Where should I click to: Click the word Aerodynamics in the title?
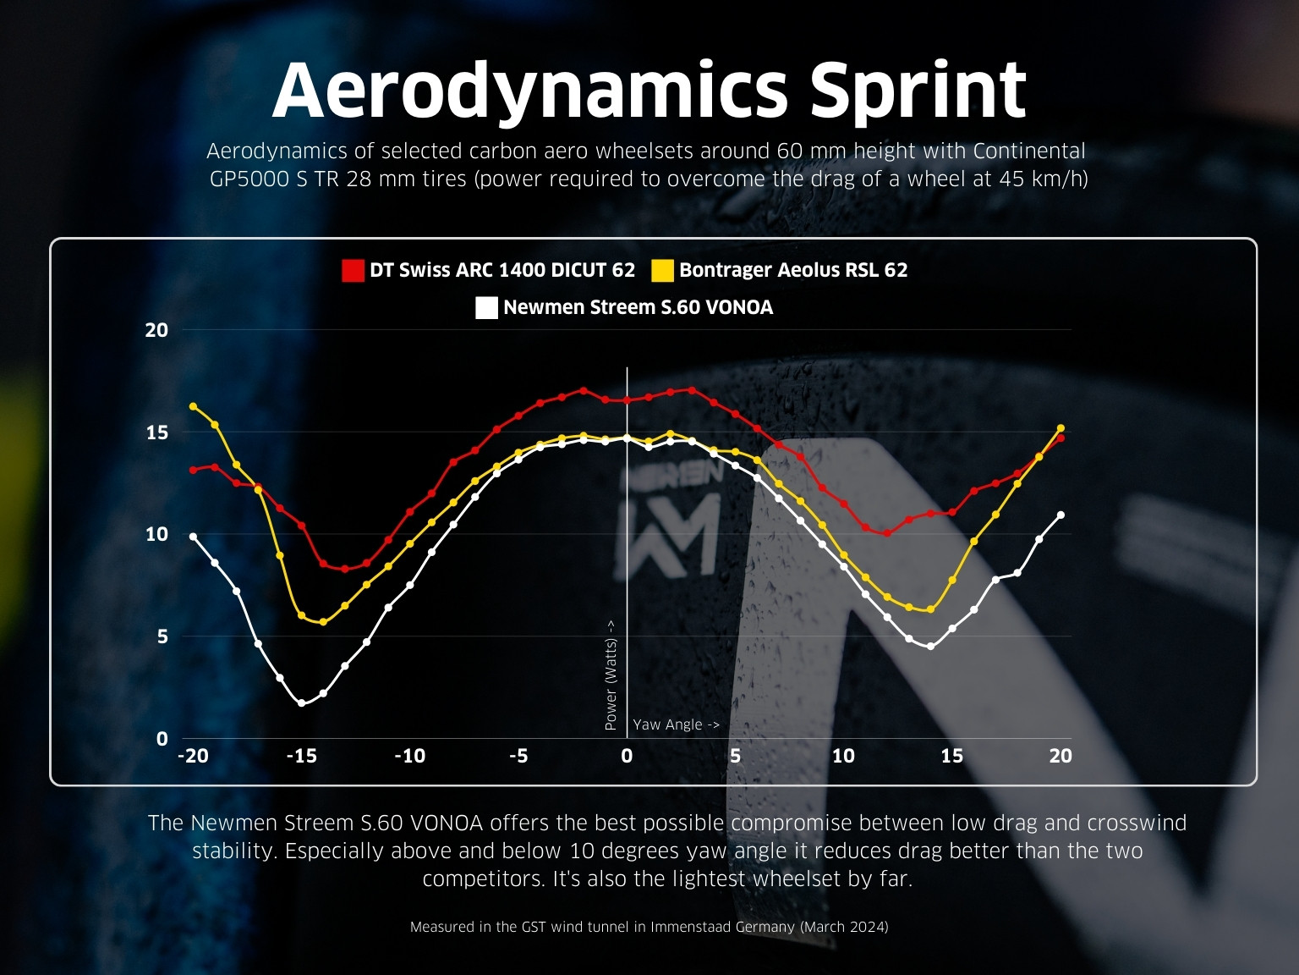coord(530,91)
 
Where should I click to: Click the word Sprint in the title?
coord(918,91)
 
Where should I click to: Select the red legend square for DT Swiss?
coord(353,271)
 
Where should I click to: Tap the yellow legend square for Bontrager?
coord(662,271)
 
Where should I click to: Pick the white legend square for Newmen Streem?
coord(486,308)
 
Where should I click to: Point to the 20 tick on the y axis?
coord(156,330)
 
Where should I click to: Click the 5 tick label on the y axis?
coord(162,637)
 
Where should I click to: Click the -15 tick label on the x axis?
coord(302,756)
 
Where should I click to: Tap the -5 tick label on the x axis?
coord(518,756)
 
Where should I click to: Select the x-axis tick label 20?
coord(1061,756)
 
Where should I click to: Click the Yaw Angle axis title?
coord(676,724)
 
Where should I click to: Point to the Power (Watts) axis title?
coord(611,675)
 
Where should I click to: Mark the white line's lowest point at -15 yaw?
coord(302,703)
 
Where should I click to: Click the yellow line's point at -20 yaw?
coord(193,406)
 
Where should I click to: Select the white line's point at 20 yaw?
coord(1061,515)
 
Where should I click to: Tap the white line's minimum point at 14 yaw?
coord(931,647)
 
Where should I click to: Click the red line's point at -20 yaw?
coord(193,470)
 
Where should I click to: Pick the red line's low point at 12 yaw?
coord(887,533)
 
